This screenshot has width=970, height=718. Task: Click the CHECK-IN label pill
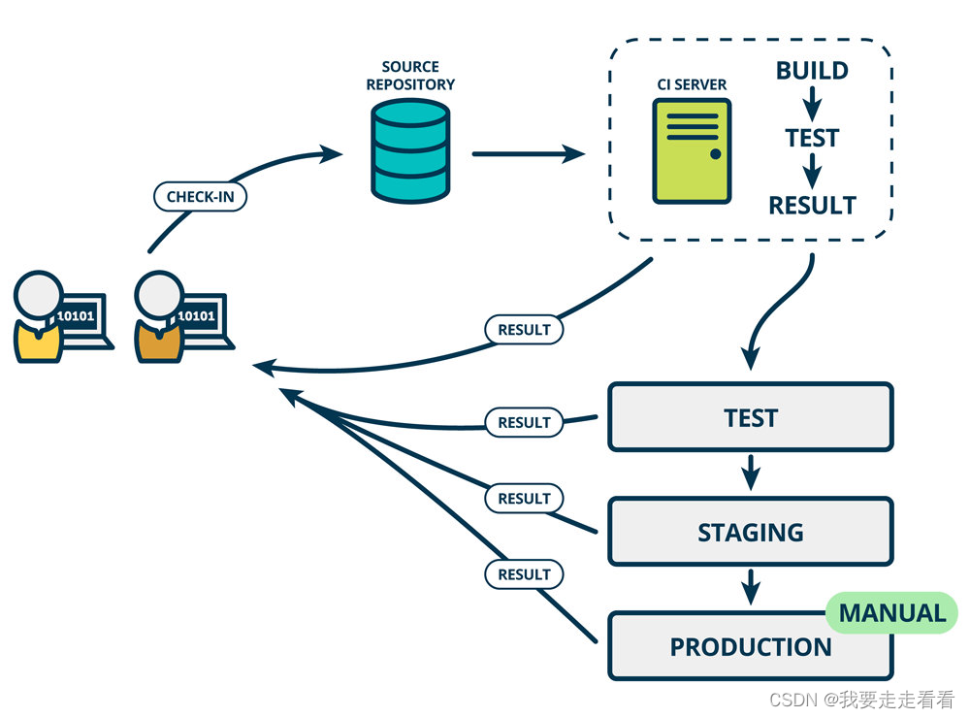click(201, 197)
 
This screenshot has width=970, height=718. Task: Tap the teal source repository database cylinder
click(410, 151)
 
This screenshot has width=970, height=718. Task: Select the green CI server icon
click(693, 151)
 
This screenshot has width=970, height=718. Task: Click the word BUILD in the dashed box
click(812, 71)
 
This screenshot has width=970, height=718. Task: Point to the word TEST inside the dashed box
click(812, 138)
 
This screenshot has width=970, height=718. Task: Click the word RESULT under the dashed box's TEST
click(812, 206)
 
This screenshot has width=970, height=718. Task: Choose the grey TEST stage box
click(751, 417)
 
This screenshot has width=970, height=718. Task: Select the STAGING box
click(751, 532)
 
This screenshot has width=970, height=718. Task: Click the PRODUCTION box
click(751, 646)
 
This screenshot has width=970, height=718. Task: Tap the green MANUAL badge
click(892, 613)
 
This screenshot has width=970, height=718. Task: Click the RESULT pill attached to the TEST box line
click(524, 422)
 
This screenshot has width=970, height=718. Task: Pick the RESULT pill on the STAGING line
click(524, 499)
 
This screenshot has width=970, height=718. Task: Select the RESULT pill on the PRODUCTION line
click(524, 574)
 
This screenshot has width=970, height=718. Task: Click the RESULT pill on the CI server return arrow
click(524, 329)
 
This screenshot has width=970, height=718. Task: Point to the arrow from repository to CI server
click(529, 153)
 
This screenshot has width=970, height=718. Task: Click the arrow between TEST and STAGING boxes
click(751, 473)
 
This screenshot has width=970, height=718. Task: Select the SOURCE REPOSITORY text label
click(410, 76)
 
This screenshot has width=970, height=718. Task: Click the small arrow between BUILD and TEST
click(812, 104)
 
